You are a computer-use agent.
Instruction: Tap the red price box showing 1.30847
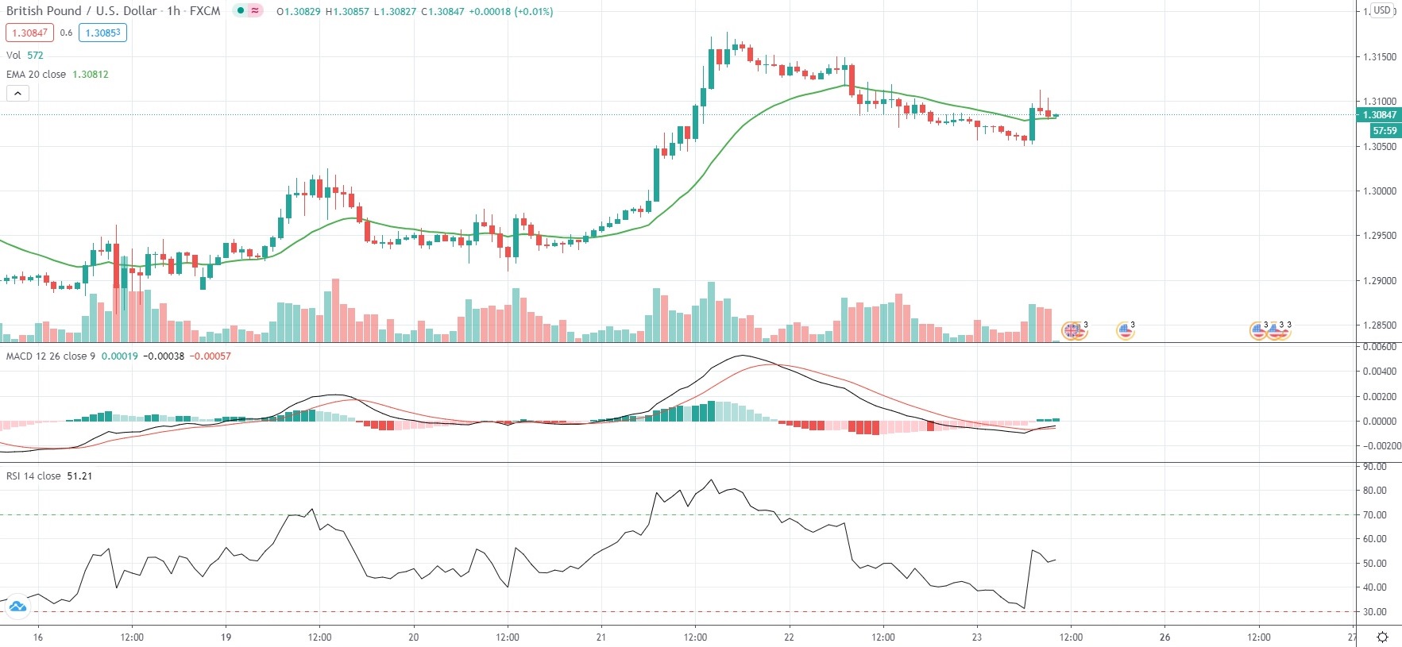tap(29, 33)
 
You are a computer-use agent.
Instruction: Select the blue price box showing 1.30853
tap(102, 33)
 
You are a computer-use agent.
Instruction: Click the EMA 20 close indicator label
tap(37, 74)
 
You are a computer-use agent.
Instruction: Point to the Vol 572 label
tap(25, 55)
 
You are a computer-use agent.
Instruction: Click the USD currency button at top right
tap(1382, 10)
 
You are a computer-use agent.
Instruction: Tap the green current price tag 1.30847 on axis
tap(1379, 115)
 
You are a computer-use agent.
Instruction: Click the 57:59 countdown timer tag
tap(1384, 131)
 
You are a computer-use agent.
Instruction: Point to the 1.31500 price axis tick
tap(1379, 57)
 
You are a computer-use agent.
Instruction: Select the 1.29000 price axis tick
tap(1379, 281)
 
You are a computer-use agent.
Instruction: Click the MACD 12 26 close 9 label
tap(50, 356)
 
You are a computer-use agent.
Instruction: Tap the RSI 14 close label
tap(33, 476)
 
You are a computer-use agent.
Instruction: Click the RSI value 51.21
tap(79, 476)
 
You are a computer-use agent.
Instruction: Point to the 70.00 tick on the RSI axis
tap(1374, 515)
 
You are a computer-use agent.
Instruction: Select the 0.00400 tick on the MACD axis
tap(1379, 372)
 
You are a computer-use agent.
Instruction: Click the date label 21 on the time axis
tap(601, 637)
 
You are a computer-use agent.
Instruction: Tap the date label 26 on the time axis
tap(1164, 637)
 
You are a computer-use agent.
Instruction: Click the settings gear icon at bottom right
tap(1382, 637)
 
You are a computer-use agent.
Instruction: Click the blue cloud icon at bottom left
tap(17, 608)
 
